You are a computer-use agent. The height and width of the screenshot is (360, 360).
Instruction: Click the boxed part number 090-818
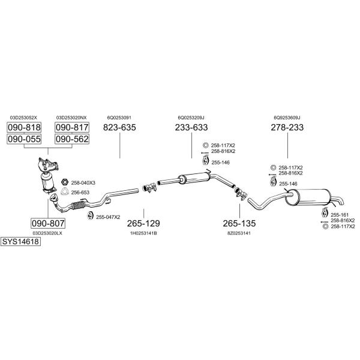coord(24,127)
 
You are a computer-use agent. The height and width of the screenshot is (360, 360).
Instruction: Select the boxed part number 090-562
coord(72,139)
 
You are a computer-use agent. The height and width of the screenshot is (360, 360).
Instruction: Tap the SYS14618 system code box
coord(20,242)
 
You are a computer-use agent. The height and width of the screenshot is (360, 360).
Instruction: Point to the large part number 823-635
coord(119,127)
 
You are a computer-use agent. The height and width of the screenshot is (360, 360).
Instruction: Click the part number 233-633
coord(191,127)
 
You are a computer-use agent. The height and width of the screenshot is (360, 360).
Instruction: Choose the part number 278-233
coord(287,127)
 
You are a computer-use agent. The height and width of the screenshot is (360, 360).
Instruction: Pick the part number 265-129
coord(143,223)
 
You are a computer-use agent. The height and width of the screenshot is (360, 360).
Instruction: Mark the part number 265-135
coord(239,223)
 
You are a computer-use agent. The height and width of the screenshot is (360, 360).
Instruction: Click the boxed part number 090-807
coord(48,223)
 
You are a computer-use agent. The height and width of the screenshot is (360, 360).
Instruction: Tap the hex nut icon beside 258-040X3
coord(65,182)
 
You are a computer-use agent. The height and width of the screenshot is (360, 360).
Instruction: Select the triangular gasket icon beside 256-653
coord(65,191)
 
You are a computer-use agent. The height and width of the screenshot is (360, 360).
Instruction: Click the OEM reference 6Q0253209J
coord(191,118)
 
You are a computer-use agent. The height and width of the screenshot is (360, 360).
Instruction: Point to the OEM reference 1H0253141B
coord(143,233)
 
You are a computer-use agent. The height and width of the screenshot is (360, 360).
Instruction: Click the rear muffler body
coord(308,197)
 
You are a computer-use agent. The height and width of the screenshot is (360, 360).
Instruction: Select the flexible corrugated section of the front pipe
coord(79,205)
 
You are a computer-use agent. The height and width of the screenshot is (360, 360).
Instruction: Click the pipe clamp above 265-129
coord(149,188)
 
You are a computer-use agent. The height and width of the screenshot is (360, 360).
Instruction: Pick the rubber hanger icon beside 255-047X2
coord(89,215)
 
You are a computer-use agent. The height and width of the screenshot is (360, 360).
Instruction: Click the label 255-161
coord(340,215)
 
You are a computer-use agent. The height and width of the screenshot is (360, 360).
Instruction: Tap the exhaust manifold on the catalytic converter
coord(48,164)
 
